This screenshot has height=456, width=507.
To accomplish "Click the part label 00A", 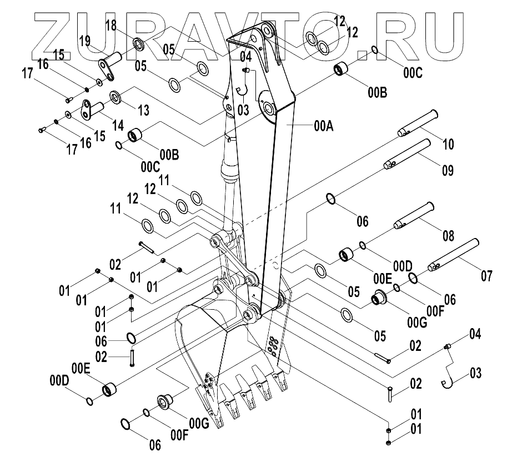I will point(323,126).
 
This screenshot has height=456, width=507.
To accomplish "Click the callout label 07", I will point(486,275).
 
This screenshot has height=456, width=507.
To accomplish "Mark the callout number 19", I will point(84,40).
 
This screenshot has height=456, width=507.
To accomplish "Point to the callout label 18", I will point(111,25).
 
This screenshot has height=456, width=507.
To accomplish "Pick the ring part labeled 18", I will point(138,42).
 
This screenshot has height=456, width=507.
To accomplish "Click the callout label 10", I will point(448,145).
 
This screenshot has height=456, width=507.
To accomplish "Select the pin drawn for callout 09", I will point(409,154).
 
